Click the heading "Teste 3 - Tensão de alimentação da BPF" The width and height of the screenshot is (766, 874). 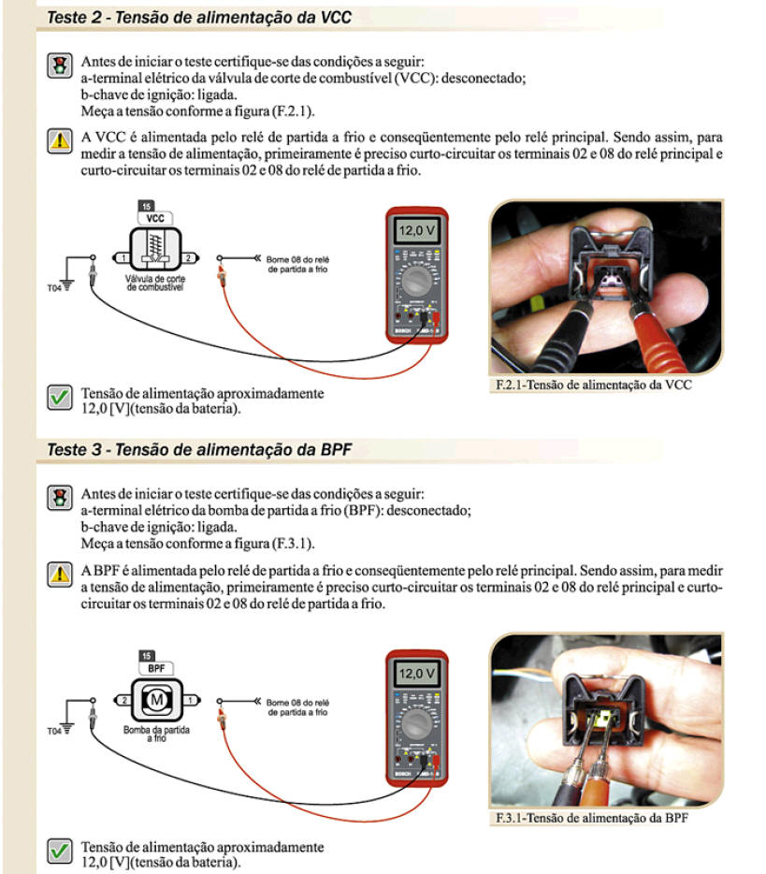pyautogui.click(x=198, y=450)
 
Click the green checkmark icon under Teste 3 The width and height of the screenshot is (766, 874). pyautogui.click(x=60, y=852)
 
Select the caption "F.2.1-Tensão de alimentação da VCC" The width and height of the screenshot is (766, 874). pyautogui.click(x=593, y=384)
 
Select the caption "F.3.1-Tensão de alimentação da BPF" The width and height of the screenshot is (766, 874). pyautogui.click(x=593, y=818)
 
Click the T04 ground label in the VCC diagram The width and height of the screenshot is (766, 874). pyautogui.click(x=53, y=288)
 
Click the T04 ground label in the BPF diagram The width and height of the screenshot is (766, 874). pyautogui.click(x=53, y=731)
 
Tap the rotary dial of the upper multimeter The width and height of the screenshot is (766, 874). pyautogui.click(x=416, y=283)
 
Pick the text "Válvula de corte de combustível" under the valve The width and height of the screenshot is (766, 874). pyautogui.click(x=154, y=284)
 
